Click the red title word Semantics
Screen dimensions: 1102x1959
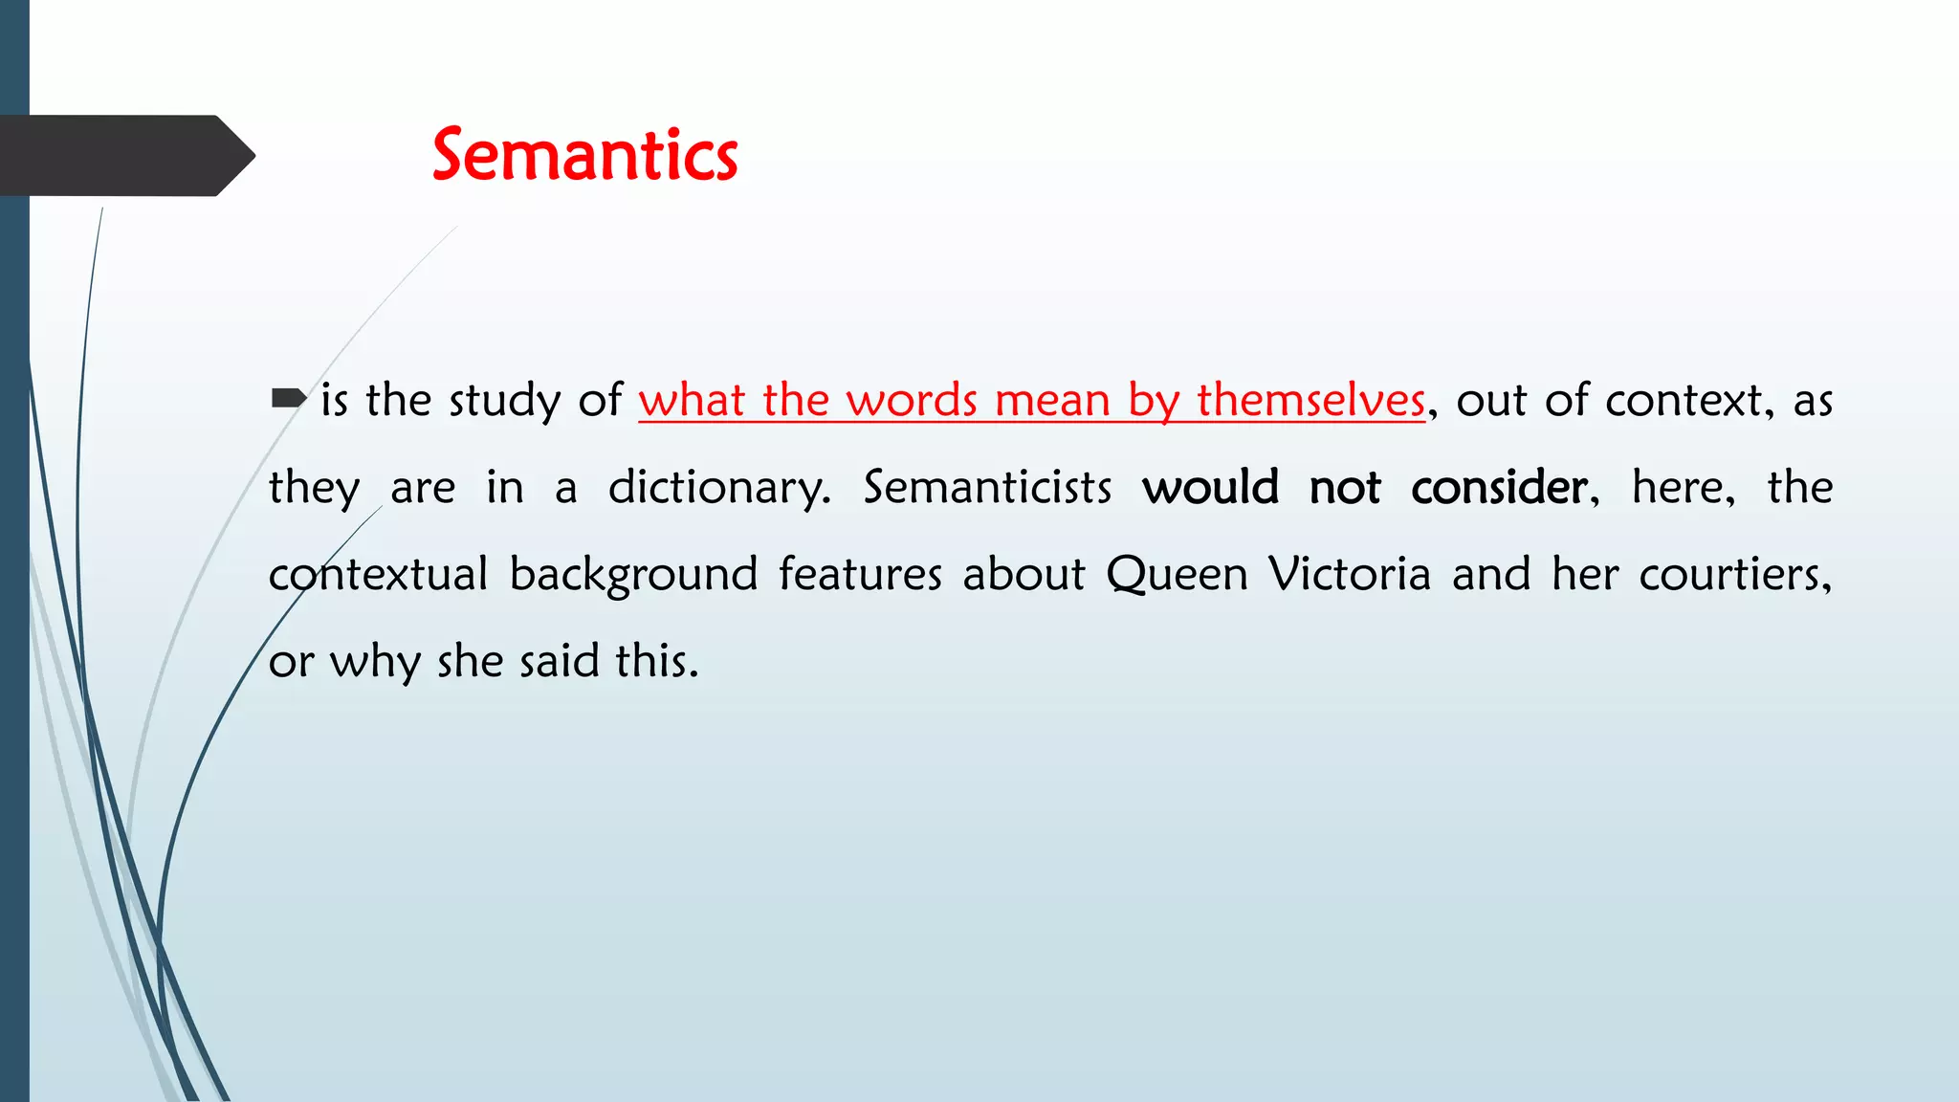pyautogui.click(x=584, y=156)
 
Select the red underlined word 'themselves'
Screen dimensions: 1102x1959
pyautogui.click(x=1310, y=400)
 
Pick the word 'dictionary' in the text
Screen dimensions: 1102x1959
pyautogui.click(x=717, y=488)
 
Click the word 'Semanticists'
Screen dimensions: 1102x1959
pyautogui.click(x=987, y=488)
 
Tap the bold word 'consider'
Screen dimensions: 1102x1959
pyautogui.click(x=1499, y=488)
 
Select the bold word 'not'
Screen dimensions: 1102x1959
pyautogui.click(x=1344, y=488)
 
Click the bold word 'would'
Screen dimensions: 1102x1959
pyautogui.click(x=1210, y=488)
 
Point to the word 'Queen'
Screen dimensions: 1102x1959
pyautogui.click(x=1177, y=575)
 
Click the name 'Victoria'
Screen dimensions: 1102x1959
pyautogui.click(x=1350, y=575)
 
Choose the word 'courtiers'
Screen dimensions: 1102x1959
pyautogui.click(x=1732, y=575)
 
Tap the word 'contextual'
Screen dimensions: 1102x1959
pyautogui.click(x=378, y=575)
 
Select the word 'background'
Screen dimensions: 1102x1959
pyautogui.click(x=633, y=575)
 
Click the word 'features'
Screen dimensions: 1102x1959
pyautogui.click(x=860, y=575)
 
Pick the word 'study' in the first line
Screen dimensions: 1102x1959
pyautogui.click(x=504, y=400)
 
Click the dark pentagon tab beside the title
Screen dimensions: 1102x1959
pyautogui.click(x=124, y=156)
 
